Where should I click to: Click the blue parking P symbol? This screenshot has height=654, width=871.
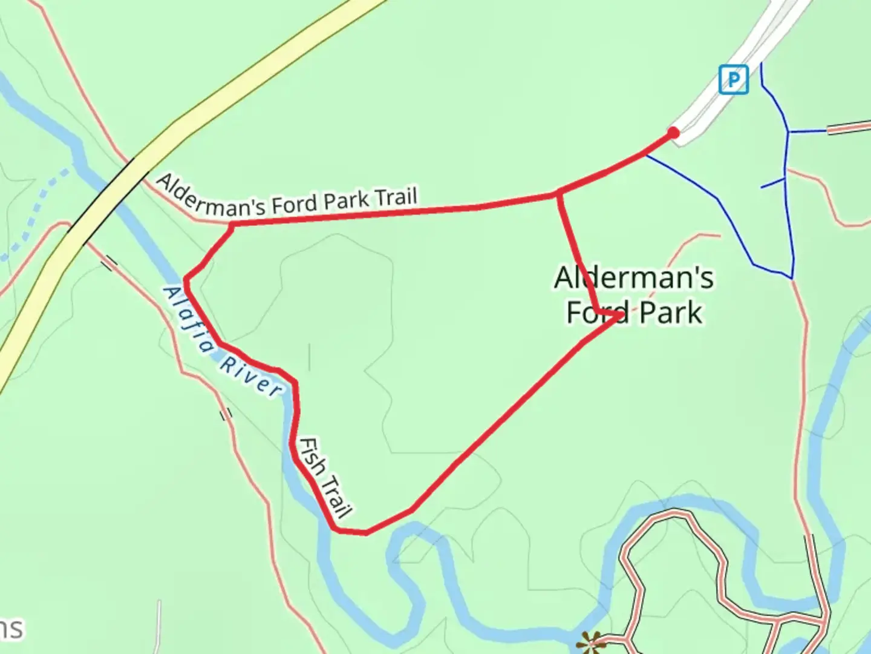click(733, 79)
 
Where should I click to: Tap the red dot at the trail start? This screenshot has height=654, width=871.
click(673, 133)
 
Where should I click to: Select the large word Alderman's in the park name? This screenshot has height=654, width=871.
click(633, 278)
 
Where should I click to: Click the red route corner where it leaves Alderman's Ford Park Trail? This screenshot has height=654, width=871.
click(232, 226)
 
